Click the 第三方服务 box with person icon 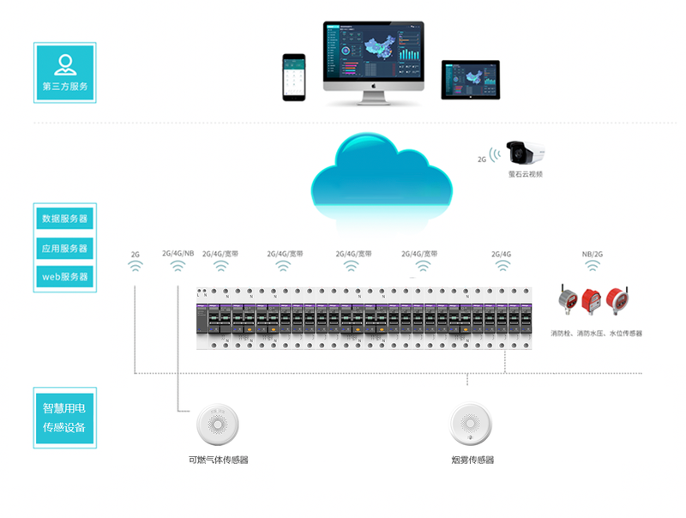pyautogui.click(x=64, y=72)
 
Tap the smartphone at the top pyautogui.click(x=294, y=77)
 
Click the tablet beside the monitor pyautogui.click(x=470, y=79)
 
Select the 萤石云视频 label pyautogui.click(x=526, y=174)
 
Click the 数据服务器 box pyautogui.click(x=64, y=219)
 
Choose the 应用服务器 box pyautogui.click(x=64, y=248)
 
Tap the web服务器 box pyautogui.click(x=64, y=276)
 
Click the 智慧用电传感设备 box pyautogui.click(x=64, y=418)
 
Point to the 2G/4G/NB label pyautogui.click(x=178, y=253)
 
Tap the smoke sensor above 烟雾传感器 pyautogui.click(x=472, y=425)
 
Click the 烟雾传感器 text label pyautogui.click(x=472, y=461)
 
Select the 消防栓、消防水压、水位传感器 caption pyautogui.click(x=597, y=333)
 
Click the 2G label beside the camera pyautogui.click(x=482, y=160)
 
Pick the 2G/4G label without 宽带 pyautogui.click(x=502, y=254)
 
